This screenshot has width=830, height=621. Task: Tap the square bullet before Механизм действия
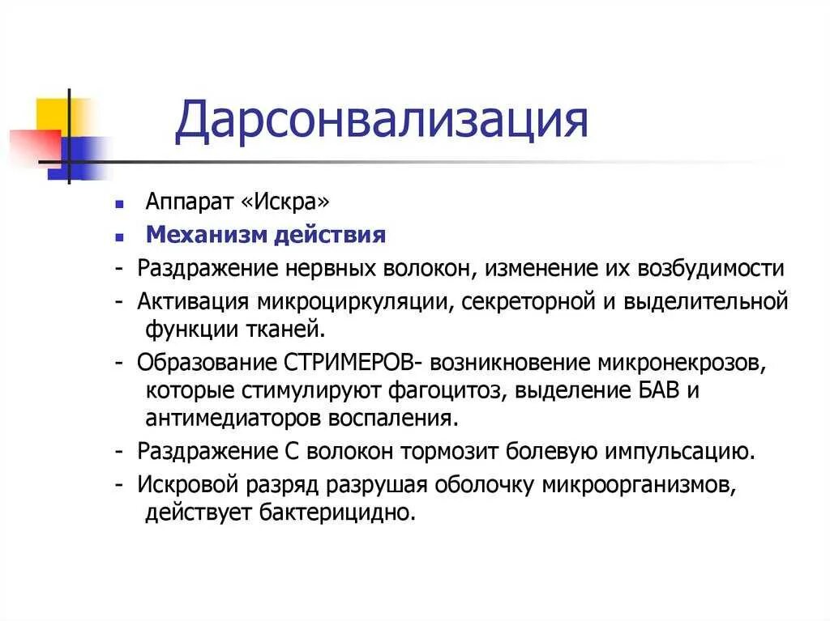point(119,237)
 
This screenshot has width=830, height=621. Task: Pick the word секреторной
point(515,303)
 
